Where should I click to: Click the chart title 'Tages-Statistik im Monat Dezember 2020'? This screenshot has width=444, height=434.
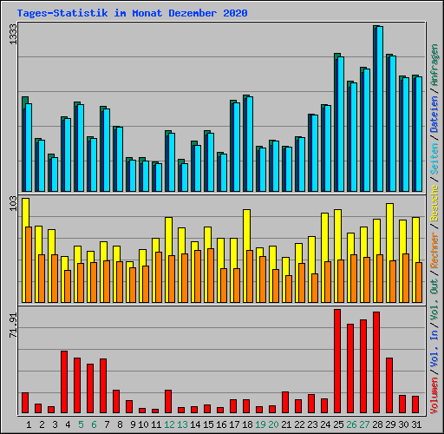(x=132, y=13)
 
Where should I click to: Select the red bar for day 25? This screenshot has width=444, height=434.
(x=337, y=360)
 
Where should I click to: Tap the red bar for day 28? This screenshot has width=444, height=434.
(x=376, y=362)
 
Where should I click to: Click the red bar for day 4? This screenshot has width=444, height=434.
(x=64, y=382)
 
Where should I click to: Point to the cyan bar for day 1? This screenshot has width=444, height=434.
(x=29, y=148)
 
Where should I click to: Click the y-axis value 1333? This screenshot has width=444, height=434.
(x=12, y=35)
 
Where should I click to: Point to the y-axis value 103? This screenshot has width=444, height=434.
(x=12, y=205)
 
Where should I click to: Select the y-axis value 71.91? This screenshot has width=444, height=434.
(x=12, y=322)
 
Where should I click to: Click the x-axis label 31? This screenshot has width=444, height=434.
(x=416, y=424)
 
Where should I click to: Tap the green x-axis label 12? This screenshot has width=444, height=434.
(x=170, y=424)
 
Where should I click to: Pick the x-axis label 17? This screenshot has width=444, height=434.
(x=234, y=424)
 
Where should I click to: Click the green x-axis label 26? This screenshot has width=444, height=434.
(x=351, y=424)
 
